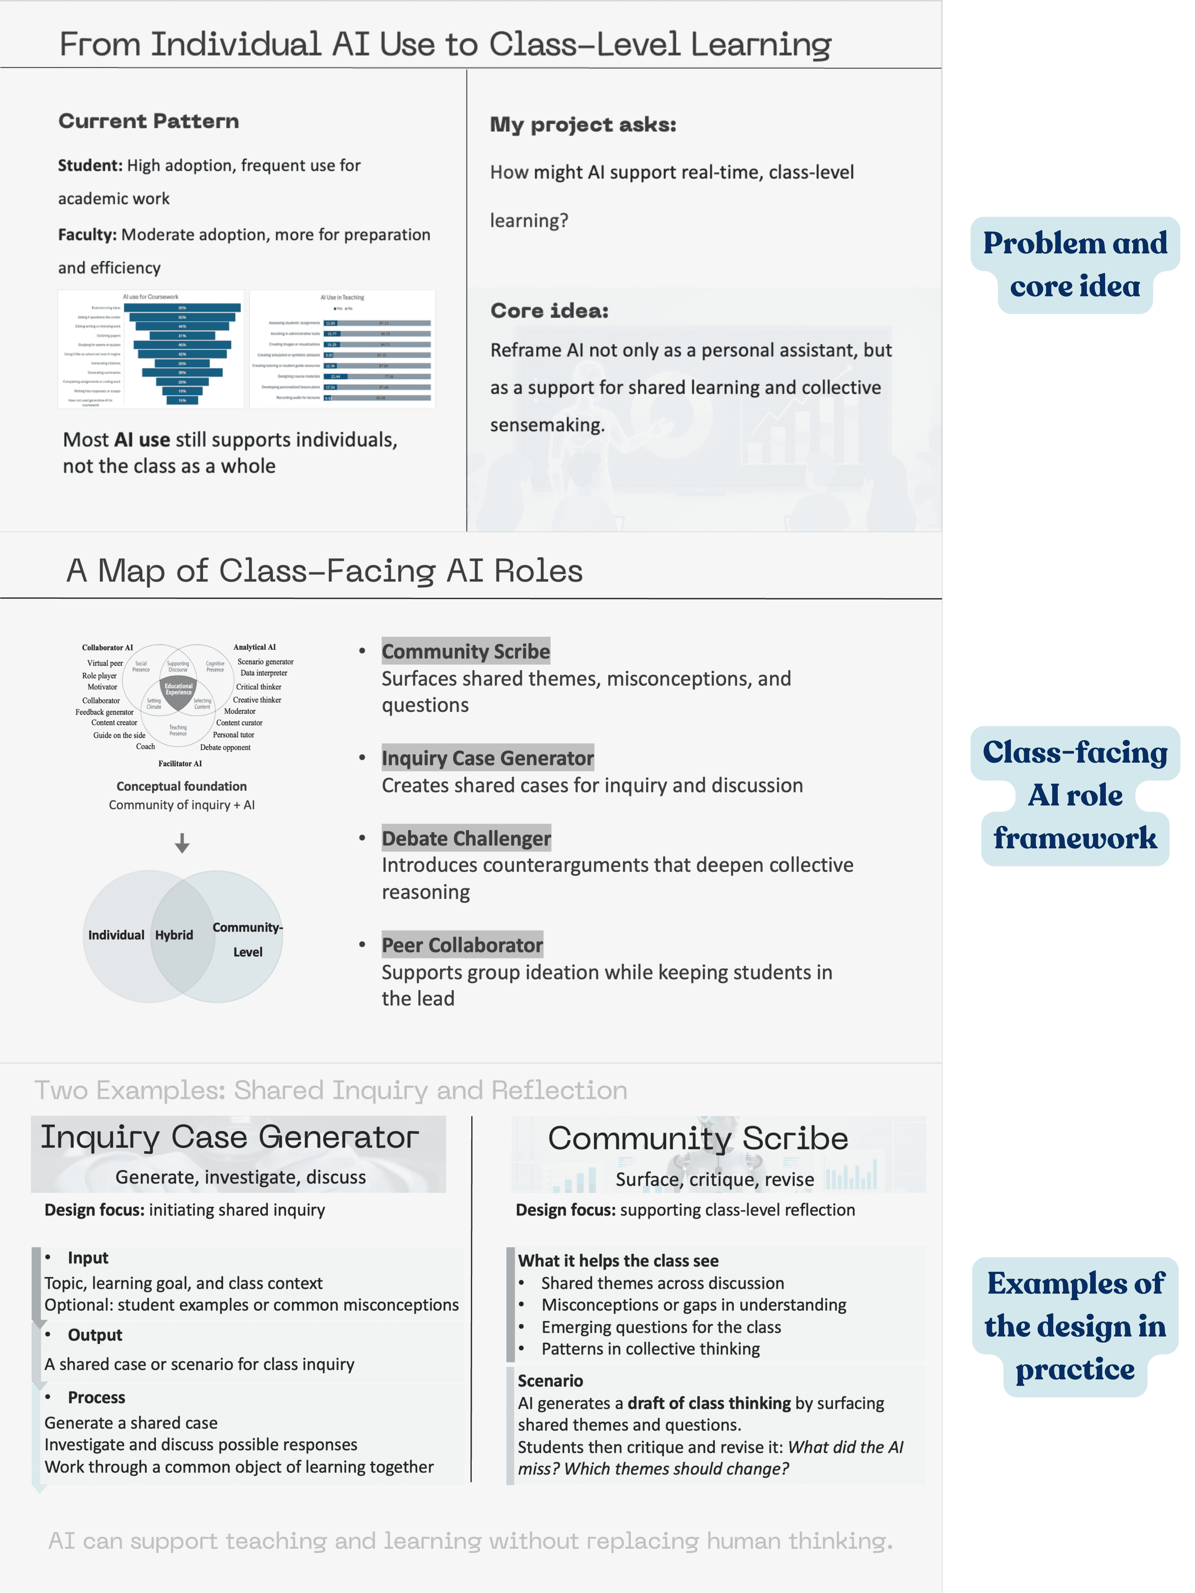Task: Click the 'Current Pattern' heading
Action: pos(148,121)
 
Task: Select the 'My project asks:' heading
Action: pos(583,124)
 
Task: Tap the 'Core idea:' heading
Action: pos(549,310)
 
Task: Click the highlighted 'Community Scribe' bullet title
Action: pos(465,651)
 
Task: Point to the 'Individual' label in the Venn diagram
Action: pos(116,935)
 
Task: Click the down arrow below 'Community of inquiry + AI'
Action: pos(182,842)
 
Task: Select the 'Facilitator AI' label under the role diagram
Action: pos(180,763)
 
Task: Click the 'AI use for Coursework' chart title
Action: pos(150,297)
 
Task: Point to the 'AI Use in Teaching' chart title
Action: pos(342,297)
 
